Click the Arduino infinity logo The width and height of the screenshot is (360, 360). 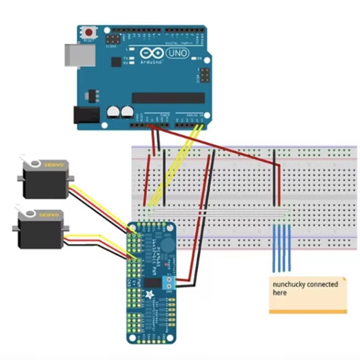pos(152,54)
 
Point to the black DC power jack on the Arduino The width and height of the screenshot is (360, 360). pos(86,115)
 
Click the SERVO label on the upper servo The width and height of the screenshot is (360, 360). pos(54,165)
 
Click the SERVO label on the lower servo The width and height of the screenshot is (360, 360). pos(48,215)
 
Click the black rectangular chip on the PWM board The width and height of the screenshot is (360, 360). pos(153,283)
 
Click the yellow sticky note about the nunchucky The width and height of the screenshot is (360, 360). pos(308,295)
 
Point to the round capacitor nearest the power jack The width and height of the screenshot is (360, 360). pos(113,112)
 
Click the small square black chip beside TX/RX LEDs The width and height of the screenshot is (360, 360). pos(116,61)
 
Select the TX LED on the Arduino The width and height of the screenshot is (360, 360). pos(131,58)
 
